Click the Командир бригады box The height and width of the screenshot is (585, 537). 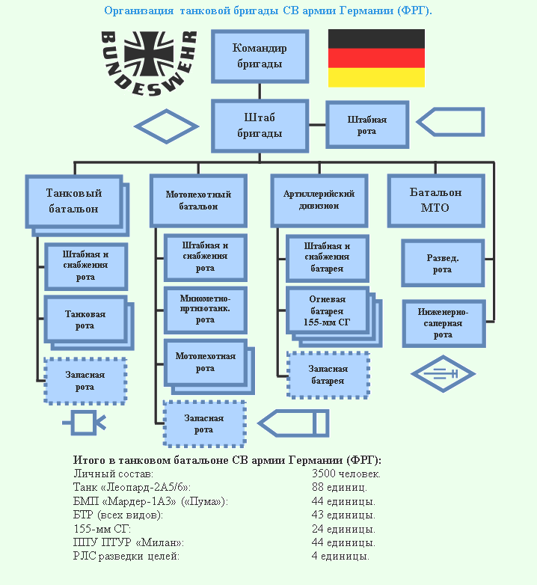tap(260, 56)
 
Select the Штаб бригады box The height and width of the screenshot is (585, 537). tap(260, 126)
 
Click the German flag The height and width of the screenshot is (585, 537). tap(376, 58)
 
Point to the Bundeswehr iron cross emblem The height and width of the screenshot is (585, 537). tap(149, 56)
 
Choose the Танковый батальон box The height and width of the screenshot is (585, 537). tap(73, 200)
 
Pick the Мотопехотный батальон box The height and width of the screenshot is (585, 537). tap(198, 200)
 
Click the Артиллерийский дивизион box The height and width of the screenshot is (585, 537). tap(319, 200)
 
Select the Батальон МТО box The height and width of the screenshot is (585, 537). tap(435, 200)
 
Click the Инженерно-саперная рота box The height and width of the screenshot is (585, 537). tap(443, 324)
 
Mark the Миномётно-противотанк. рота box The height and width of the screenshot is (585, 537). tap(205, 309)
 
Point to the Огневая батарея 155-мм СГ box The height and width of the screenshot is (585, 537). tap(327, 310)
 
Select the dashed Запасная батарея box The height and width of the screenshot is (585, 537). tap(328, 375)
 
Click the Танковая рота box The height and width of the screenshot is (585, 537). tap(85, 320)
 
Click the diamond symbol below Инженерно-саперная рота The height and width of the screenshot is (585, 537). tap(443, 372)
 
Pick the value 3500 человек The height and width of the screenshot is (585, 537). tap(346, 474)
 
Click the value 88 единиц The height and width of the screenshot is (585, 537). tap(339, 487)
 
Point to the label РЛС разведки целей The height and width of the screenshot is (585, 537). tap(126, 556)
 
